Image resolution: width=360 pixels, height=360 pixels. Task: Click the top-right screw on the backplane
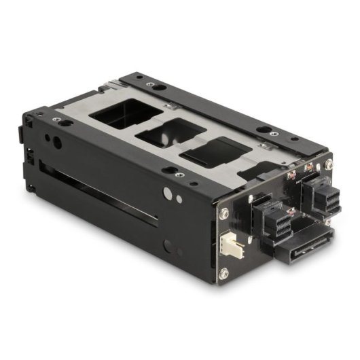[329, 165]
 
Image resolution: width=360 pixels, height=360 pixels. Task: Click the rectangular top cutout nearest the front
[123, 112]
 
